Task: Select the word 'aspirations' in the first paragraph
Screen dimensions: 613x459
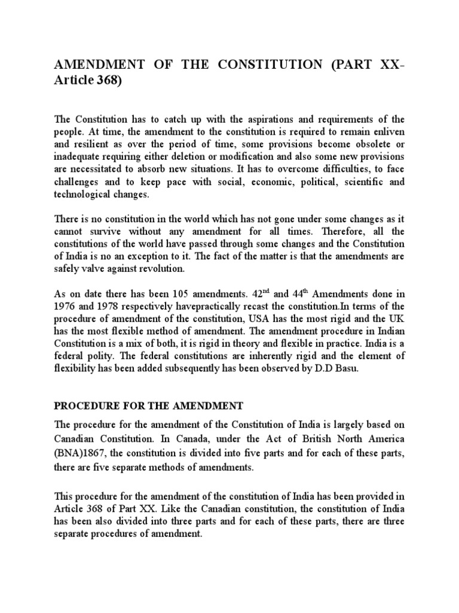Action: (x=267, y=119)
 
